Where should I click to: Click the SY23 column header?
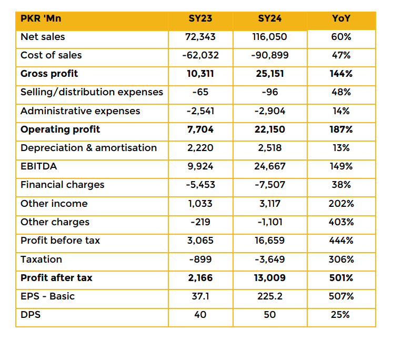point(200,18)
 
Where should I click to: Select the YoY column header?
point(341,18)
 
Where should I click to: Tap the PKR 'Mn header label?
point(41,18)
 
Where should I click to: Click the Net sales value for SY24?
point(269,37)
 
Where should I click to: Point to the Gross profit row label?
point(49,74)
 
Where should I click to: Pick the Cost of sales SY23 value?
point(200,55)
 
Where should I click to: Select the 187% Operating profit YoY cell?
point(341,129)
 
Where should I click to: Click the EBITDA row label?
point(39,166)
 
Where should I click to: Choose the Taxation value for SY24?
point(270,259)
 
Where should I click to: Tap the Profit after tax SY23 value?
point(200,278)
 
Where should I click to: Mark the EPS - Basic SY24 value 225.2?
point(270,296)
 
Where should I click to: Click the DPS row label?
point(31,315)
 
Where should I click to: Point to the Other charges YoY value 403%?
point(341,222)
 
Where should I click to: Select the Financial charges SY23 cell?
point(200,185)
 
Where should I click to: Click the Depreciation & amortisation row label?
point(89,148)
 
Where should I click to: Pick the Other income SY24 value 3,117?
point(270,204)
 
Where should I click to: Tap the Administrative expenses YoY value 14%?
point(341,111)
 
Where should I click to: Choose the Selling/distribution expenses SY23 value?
point(200,92)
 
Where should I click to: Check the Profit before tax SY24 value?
point(270,241)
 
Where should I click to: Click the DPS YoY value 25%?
point(340,315)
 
